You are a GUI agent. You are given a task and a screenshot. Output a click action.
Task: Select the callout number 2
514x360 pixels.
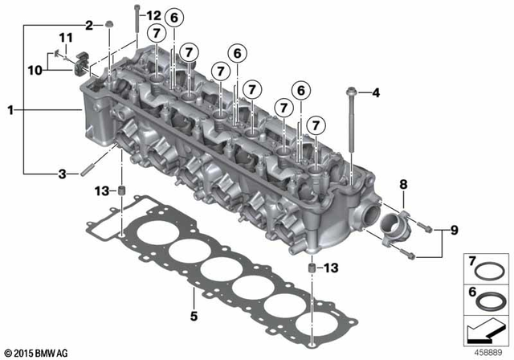(89, 25)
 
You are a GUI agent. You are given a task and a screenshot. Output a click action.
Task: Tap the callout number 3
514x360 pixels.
(61, 174)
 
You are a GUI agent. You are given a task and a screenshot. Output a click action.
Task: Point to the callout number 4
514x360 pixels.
(374, 94)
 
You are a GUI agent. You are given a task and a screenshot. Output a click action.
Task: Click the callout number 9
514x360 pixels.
(455, 231)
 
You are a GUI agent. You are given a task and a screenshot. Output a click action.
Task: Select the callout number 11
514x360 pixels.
(65, 37)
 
